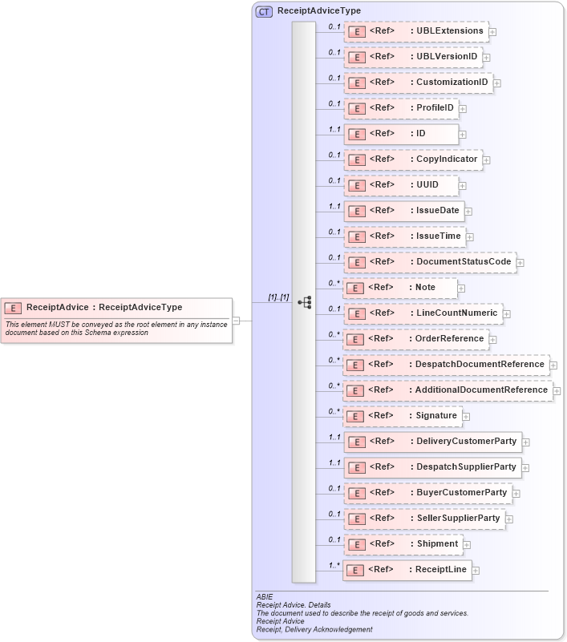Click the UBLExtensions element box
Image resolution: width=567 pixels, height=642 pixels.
(x=415, y=31)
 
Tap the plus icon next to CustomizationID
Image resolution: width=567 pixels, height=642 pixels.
(x=497, y=83)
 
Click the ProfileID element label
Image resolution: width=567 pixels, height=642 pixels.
(x=434, y=108)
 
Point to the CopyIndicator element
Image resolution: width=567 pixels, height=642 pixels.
(x=413, y=159)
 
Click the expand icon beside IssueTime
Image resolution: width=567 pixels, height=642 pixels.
(x=470, y=236)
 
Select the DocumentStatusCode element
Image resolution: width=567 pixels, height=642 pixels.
(x=429, y=262)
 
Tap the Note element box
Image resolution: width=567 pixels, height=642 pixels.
(x=400, y=288)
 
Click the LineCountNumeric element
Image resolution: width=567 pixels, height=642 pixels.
(x=423, y=313)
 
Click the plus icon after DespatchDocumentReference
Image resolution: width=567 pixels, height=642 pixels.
(x=555, y=365)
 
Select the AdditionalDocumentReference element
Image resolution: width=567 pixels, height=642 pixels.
(x=447, y=390)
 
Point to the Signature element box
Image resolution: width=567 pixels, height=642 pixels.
(x=402, y=416)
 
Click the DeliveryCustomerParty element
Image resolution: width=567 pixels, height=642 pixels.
(x=432, y=442)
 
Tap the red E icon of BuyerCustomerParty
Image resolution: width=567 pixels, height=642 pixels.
(x=356, y=493)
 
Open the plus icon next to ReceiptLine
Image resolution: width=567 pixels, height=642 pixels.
(x=476, y=570)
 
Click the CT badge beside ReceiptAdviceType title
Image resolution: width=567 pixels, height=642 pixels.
(x=264, y=11)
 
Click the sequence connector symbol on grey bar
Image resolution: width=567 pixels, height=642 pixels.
(x=304, y=302)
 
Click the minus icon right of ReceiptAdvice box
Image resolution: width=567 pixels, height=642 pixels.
(x=237, y=321)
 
